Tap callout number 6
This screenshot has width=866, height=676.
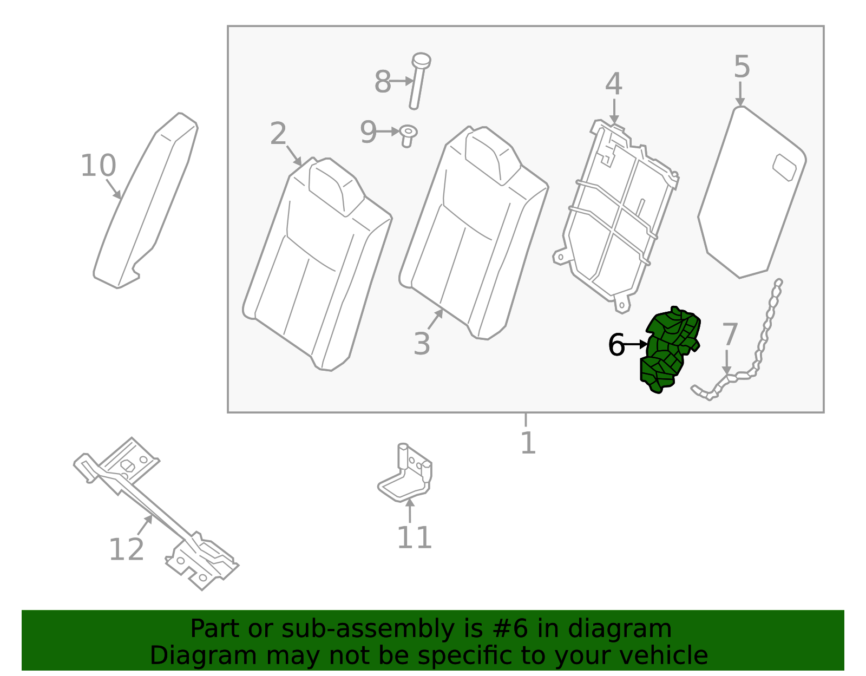point(616,344)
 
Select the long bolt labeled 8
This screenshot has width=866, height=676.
point(418,81)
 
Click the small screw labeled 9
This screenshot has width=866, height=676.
point(408,135)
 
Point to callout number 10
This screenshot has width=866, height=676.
point(98,166)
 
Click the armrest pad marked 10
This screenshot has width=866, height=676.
point(146,200)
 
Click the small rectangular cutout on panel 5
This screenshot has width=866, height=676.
point(784,167)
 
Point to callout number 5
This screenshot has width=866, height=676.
point(742,67)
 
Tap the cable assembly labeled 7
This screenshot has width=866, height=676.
point(758,352)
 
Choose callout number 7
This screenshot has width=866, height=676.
point(729,334)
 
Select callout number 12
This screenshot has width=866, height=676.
point(126,549)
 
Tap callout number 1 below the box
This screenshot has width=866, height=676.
point(527,443)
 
